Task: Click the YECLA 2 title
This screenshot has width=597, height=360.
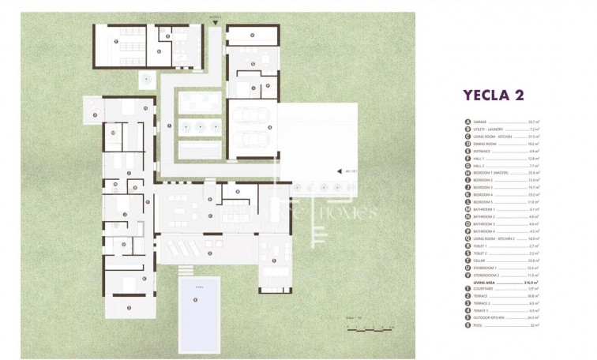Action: (492, 96)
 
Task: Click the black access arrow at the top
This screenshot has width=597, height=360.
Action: (215, 21)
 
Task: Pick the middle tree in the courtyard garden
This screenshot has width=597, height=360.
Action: (200, 126)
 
